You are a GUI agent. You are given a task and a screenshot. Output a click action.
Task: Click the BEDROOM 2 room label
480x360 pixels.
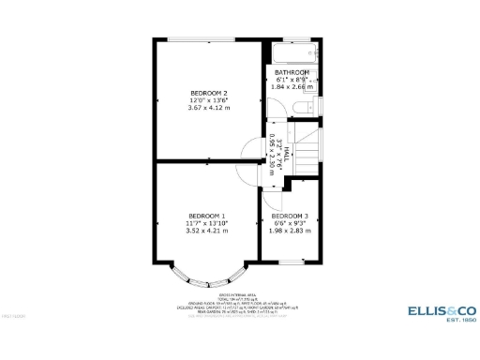pos(209,93)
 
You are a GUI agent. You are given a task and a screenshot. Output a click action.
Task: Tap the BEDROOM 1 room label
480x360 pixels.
pos(206,215)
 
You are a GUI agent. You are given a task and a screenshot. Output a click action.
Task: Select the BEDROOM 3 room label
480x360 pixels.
pos(290,217)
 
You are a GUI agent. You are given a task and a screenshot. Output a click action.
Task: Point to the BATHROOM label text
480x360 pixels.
pos(292,72)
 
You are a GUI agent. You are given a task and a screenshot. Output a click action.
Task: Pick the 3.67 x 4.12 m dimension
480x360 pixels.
pos(209,108)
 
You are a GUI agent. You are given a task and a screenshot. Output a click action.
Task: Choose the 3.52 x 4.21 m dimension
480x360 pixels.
pos(206,230)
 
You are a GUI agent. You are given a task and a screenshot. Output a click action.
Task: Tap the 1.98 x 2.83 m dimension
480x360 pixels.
pos(290,231)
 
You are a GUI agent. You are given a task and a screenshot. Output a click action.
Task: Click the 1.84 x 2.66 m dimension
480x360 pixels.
pos(292,86)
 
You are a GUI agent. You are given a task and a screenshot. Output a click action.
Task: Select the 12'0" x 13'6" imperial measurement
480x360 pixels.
pos(209,100)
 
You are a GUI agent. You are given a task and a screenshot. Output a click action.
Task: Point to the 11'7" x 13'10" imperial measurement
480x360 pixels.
pos(206,222)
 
